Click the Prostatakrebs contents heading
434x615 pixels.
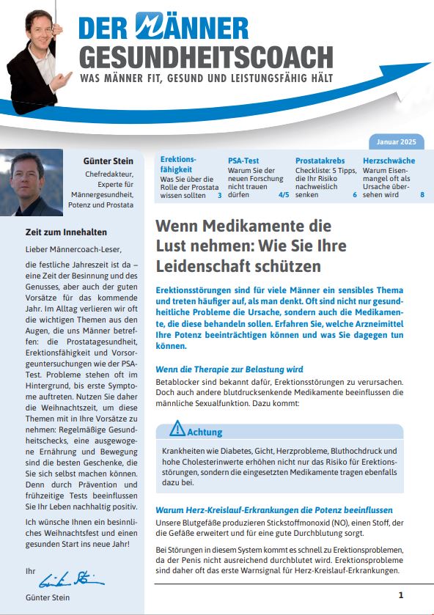[320, 161]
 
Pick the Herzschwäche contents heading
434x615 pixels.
[389, 161]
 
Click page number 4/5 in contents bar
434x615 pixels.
[283, 196]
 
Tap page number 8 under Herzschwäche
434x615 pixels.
[422, 195]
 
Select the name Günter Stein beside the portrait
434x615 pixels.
[108, 161]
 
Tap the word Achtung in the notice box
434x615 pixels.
[205, 432]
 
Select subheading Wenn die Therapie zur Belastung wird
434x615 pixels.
[229, 369]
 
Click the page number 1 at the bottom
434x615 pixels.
[400, 595]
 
